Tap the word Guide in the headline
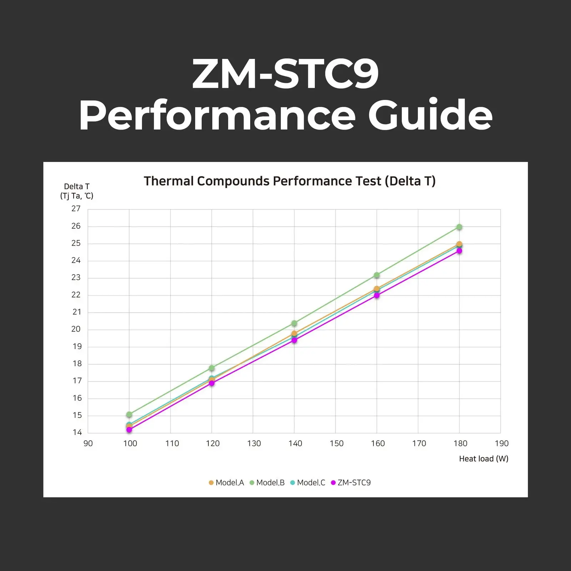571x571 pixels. (430, 115)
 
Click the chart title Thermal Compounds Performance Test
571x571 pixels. (289, 181)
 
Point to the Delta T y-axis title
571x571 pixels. (77, 191)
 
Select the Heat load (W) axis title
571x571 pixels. (484, 459)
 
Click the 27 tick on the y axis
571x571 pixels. (76, 209)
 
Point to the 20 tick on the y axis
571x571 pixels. (76, 329)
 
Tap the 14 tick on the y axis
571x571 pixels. (77, 433)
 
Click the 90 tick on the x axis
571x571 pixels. (88, 444)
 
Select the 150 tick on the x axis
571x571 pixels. (337, 444)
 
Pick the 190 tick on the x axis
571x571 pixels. (501, 444)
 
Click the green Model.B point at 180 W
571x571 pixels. (459, 227)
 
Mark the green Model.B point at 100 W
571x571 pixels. (129, 414)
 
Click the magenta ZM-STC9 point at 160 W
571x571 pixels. (377, 295)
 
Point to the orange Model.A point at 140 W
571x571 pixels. (294, 333)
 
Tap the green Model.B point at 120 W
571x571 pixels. (212, 368)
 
